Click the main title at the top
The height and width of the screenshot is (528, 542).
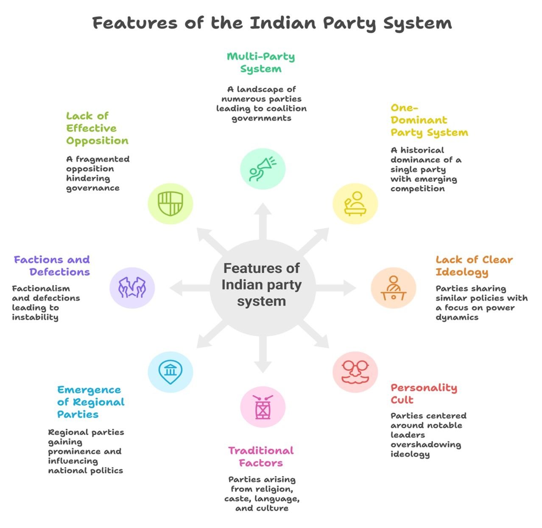click(272, 23)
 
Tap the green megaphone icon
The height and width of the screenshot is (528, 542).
click(263, 169)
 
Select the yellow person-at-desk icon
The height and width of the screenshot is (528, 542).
click(355, 204)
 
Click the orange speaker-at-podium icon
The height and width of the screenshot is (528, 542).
click(393, 288)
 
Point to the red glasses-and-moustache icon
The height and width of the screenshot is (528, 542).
click(355, 372)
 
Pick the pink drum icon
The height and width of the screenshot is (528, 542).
click(263, 407)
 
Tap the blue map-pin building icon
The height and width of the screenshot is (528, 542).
click(170, 372)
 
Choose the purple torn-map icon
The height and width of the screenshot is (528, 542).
click(132, 288)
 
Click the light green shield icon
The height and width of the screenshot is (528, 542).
click(170, 204)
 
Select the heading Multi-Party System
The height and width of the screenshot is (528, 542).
click(261, 62)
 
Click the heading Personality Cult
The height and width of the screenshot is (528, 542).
click(423, 393)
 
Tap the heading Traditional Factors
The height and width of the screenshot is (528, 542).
click(261, 457)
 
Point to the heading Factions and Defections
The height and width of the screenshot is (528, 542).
click(52, 265)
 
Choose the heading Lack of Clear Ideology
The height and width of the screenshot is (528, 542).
click(474, 265)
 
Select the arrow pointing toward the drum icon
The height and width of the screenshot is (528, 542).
click(263, 355)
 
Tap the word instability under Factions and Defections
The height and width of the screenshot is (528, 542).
click(35, 317)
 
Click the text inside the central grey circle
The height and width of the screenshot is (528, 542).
click(262, 285)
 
